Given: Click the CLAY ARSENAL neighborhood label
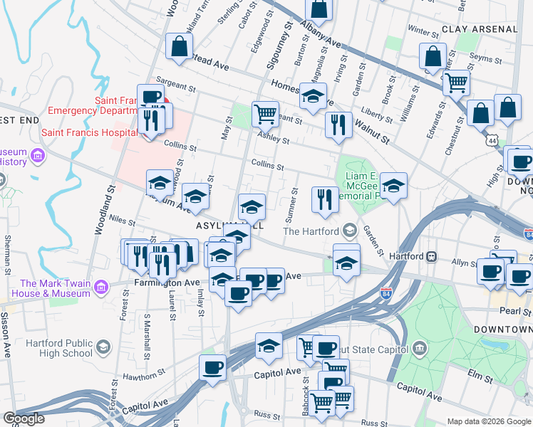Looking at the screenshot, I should point(480,29).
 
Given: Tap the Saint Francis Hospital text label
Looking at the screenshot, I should point(89,132).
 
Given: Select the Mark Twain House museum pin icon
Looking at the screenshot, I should point(101,287).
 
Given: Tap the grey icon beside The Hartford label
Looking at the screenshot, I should point(350,231).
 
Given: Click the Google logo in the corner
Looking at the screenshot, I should point(24,418).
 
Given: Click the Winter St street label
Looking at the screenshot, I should point(423,31).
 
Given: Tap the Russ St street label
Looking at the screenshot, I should point(267,414).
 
